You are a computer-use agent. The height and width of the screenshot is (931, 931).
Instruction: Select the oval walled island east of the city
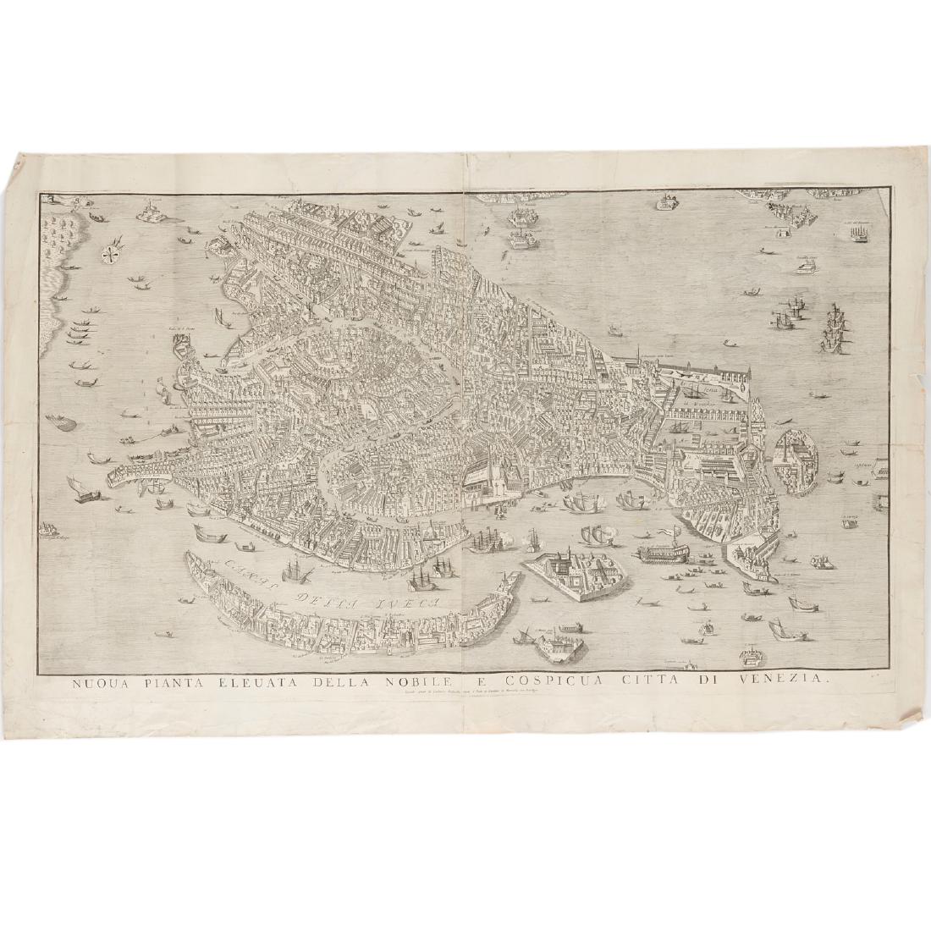click(x=796, y=458)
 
